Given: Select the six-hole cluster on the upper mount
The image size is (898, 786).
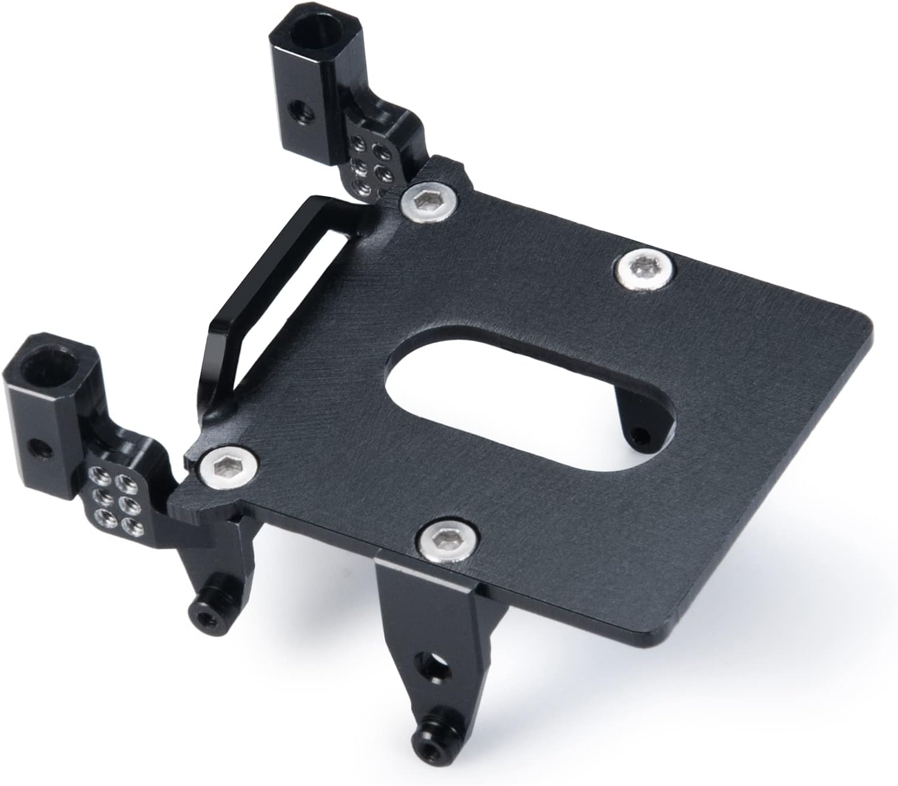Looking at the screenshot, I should tap(371, 163).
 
